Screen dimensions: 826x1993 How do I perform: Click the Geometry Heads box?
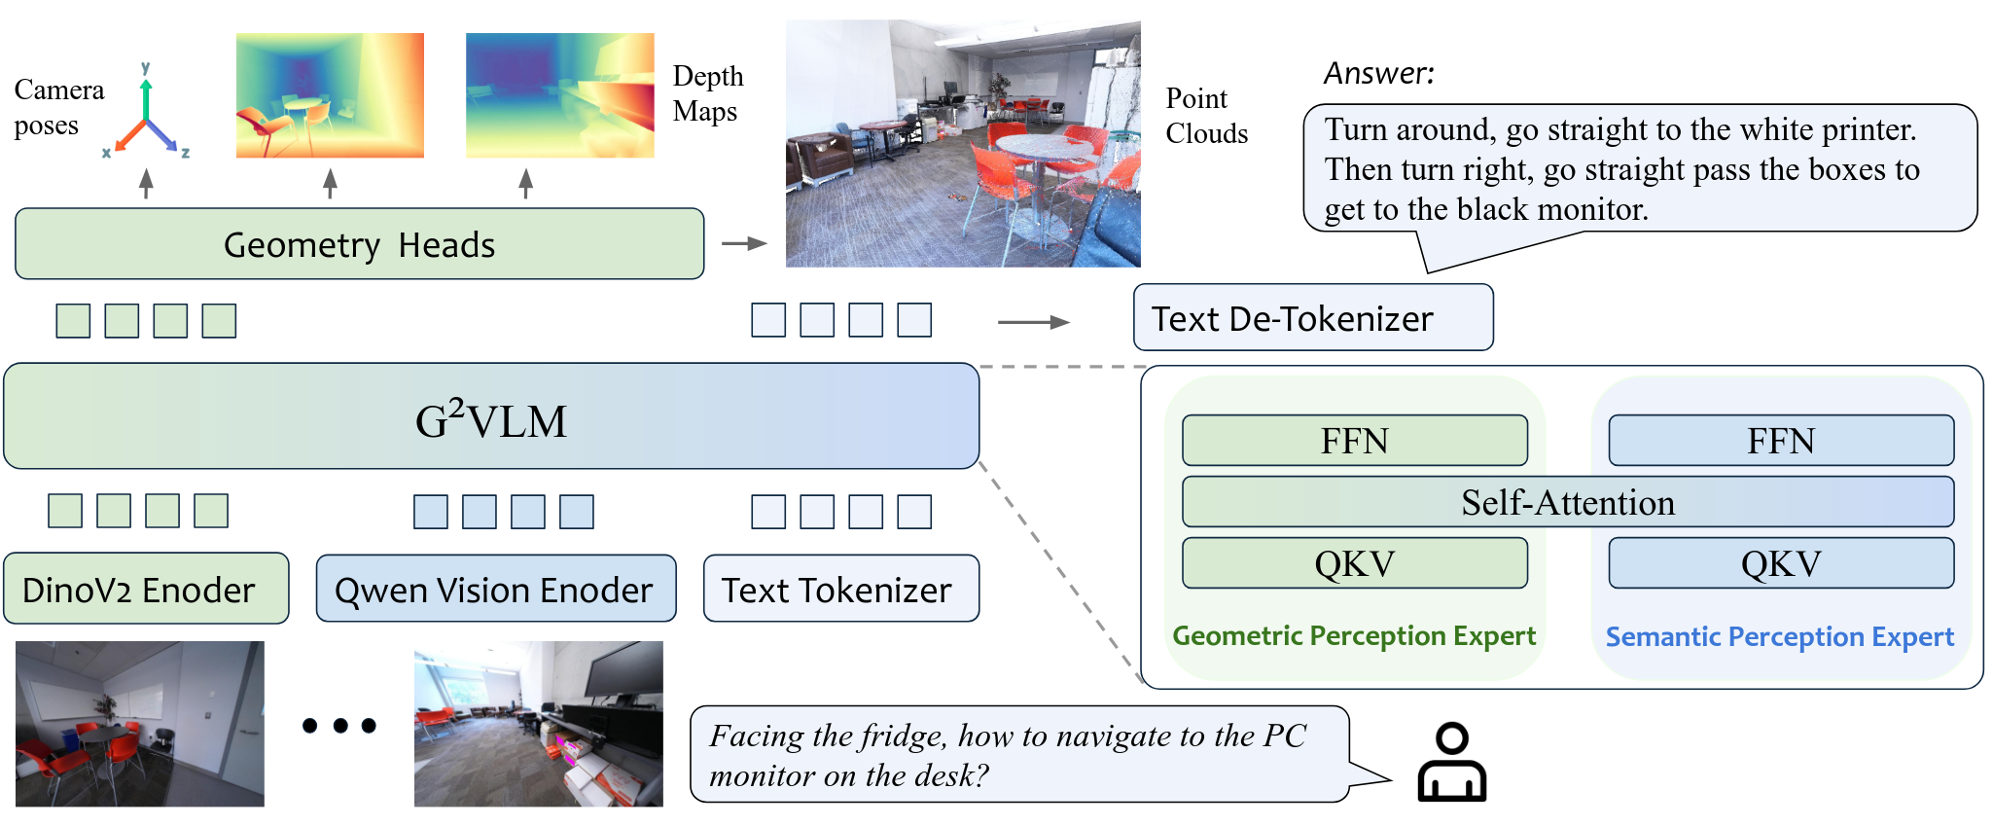[x=359, y=244]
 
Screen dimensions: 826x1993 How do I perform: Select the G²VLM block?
[x=491, y=417]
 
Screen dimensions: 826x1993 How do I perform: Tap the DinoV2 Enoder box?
[x=146, y=590]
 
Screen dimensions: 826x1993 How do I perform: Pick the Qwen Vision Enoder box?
[x=495, y=590]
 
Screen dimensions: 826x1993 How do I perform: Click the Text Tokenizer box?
[x=840, y=590]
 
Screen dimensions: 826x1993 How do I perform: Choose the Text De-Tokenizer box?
[x=1312, y=318]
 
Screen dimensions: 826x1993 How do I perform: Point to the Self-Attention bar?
[x=1567, y=502]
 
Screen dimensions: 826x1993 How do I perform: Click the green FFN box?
[x=1354, y=441]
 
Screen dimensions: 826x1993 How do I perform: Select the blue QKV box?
[x=1780, y=563]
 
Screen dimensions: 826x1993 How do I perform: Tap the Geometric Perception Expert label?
[x=1353, y=636]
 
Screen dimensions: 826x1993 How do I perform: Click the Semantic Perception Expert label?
[x=1779, y=637]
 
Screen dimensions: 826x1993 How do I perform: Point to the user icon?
[x=1451, y=763]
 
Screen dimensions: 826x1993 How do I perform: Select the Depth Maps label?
[x=707, y=93]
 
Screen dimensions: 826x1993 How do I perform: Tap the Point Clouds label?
[x=1206, y=116]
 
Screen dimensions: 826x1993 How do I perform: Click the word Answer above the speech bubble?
[x=1378, y=73]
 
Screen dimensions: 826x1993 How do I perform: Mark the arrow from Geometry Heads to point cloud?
[x=744, y=243]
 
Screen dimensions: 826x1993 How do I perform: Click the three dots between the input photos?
[x=338, y=726]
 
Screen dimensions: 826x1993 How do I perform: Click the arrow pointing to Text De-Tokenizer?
[x=1033, y=322]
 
